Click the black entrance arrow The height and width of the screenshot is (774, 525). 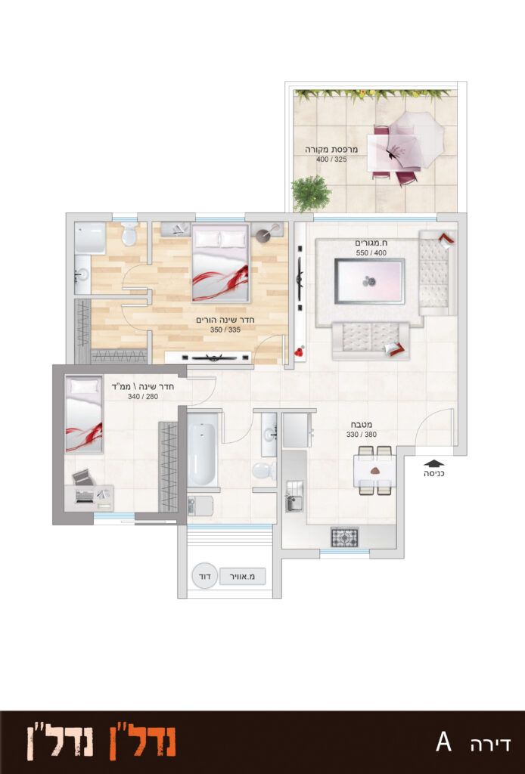[433, 463]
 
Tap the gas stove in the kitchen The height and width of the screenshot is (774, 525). [344, 537]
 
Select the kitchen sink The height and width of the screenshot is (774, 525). [294, 503]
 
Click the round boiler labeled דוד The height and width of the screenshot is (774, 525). [204, 575]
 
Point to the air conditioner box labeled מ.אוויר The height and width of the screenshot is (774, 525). [243, 576]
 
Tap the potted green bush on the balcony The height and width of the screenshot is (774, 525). [310, 193]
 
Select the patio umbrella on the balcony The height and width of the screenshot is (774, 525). [415, 140]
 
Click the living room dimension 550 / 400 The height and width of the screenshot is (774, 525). [371, 252]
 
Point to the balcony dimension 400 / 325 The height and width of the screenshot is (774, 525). [331, 159]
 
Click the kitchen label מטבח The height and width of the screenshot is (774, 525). [362, 425]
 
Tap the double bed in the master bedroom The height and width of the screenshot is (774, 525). [220, 263]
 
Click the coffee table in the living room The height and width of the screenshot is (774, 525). [369, 281]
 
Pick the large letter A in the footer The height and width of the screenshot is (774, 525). [443, 742]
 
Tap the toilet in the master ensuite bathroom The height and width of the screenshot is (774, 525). [130, 234]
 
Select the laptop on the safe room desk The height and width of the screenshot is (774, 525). [85, 495]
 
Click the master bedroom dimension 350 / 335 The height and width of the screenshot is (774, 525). [225, 330]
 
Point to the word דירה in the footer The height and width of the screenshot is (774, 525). [489, 744]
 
